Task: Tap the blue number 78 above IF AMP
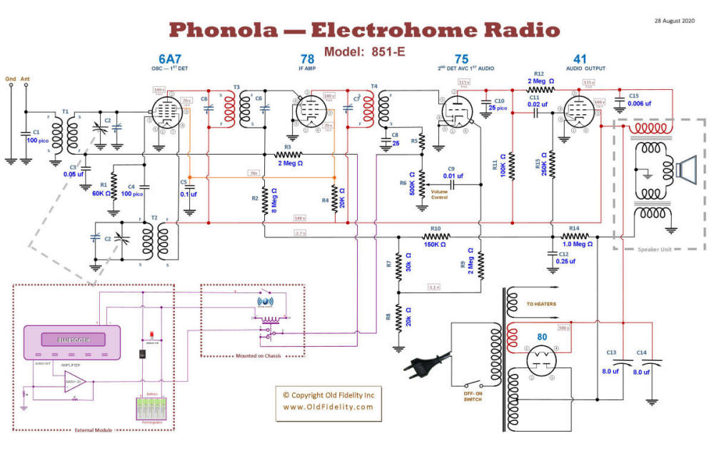307,59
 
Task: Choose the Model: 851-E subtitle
364,52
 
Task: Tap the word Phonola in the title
226,30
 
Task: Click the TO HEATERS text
541,304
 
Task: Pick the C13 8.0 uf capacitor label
610,362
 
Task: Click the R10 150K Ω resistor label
436,237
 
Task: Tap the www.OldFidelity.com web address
328,407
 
